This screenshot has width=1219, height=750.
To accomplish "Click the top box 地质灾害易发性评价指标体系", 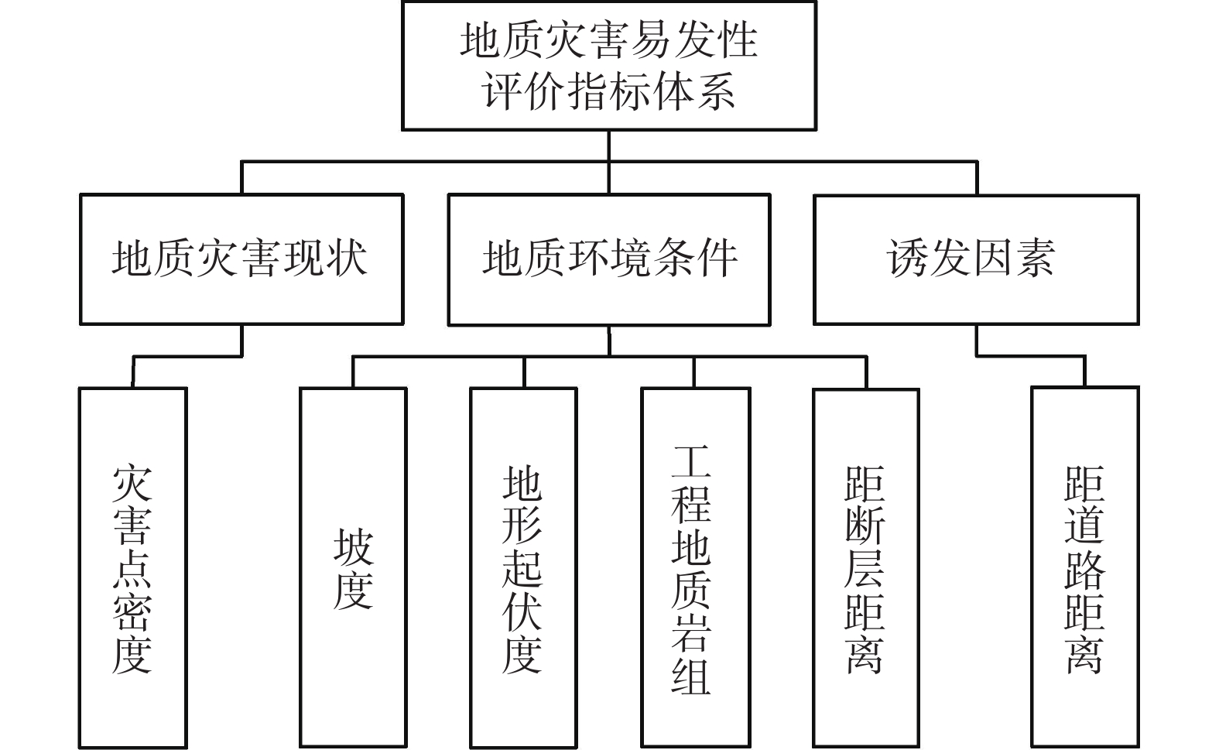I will coord(608,66).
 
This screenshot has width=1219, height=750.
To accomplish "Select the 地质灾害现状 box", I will coord(241,259).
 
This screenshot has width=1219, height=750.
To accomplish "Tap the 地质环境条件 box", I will coord(608,259).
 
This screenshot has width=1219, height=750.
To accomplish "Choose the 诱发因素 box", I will coord(975,259).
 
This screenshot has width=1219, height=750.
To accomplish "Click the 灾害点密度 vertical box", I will coord(132,567).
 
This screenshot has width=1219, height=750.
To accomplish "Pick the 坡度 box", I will coord(353,567).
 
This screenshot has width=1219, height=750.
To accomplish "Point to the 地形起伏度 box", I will coord(523,567).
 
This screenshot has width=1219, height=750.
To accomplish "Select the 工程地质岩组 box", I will coord(694,567).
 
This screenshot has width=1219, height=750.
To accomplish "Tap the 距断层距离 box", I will coord(865,567).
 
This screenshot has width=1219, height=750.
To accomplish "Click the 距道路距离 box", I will coord(1084,567).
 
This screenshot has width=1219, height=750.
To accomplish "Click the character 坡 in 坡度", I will coord(353,547).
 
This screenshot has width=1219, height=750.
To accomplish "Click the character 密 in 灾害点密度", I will coord(132,611).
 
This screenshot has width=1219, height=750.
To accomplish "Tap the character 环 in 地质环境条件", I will coord(588,259).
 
